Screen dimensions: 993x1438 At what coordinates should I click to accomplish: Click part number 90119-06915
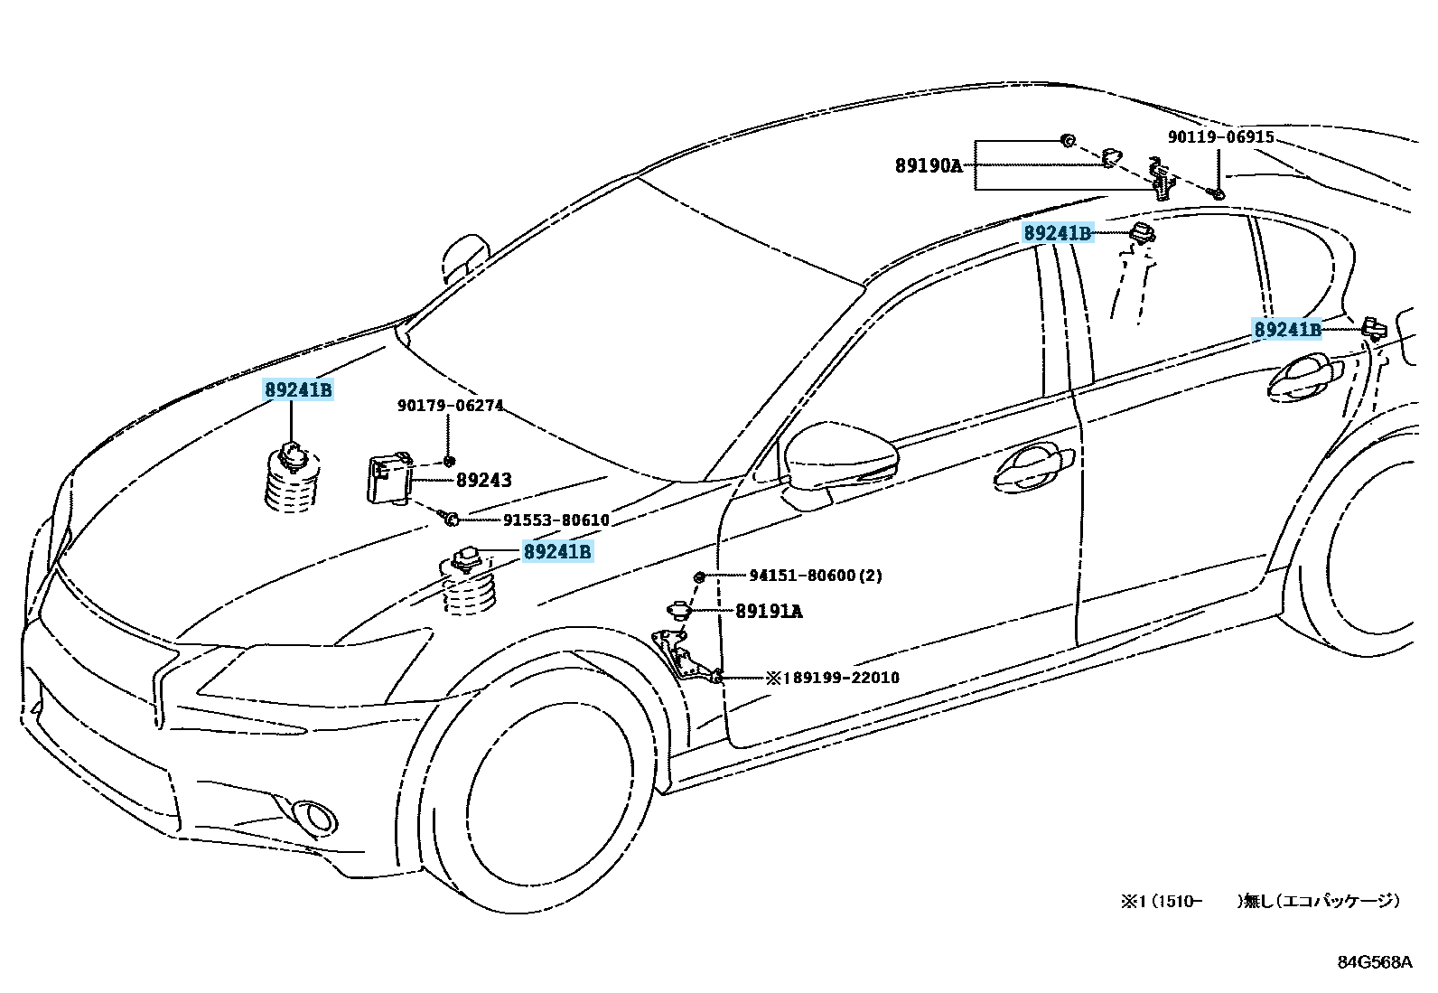pos(1220,137)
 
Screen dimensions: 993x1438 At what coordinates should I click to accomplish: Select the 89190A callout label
pos(929,165)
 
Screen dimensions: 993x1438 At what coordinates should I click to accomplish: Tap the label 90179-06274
pos(450,406)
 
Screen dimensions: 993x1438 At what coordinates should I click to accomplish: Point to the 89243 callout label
pos(483,480)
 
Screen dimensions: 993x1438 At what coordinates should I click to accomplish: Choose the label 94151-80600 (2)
pos(816,576)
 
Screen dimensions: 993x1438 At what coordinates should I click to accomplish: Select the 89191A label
pos(769,611)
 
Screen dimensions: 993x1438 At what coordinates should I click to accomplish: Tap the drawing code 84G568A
pos(1374,961)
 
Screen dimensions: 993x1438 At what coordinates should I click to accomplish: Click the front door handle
pos(1032,468)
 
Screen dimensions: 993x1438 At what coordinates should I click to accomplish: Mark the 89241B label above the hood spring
pos(298,390)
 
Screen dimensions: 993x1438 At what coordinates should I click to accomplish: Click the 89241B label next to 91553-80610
pos(557,551)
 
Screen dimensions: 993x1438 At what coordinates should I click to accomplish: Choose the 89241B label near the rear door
pos(1287,330)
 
